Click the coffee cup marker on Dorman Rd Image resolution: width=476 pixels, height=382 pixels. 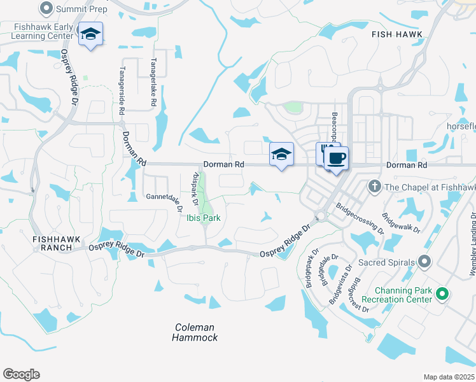(x=337, y=158)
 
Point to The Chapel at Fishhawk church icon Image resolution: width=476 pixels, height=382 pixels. (x=375, y=187)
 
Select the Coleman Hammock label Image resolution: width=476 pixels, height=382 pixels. (x=195, y=332)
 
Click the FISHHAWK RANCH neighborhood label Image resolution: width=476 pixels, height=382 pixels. (x=57, y=244)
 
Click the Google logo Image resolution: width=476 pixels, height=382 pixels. (x=22, y=374)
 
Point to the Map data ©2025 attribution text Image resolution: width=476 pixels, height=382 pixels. (x=448, y=377)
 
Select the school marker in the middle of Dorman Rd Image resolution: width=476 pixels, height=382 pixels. (x=281, y=155)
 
